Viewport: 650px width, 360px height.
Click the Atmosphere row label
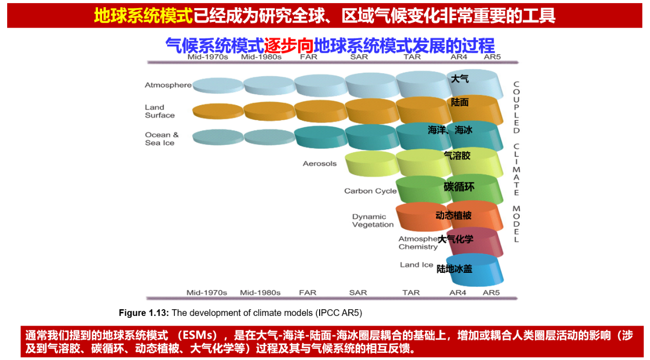point(168,85)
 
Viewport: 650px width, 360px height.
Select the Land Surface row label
point(160,111)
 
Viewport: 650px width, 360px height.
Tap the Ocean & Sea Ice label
point(162,139)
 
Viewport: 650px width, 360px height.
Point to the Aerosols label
point(320,164)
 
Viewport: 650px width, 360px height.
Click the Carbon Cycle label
point(370,191)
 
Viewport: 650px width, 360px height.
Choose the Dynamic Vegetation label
point(373,221)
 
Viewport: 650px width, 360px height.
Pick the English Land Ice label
point(417,265)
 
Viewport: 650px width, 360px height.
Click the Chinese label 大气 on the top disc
point(460,79)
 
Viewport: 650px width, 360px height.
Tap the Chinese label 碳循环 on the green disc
point(459,187)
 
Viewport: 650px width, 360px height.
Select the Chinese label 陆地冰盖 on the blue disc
point(455,268)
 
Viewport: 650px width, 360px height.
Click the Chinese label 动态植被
point(454,215)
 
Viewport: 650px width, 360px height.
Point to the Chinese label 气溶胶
point(457,155)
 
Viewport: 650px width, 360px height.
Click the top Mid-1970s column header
point(207,57)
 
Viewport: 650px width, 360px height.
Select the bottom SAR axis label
point(358,293)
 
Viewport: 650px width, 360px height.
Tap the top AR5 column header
point(492,57)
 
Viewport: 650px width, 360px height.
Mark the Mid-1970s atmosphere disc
point(218,85)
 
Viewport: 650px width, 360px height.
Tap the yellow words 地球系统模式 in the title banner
point(143,16)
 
